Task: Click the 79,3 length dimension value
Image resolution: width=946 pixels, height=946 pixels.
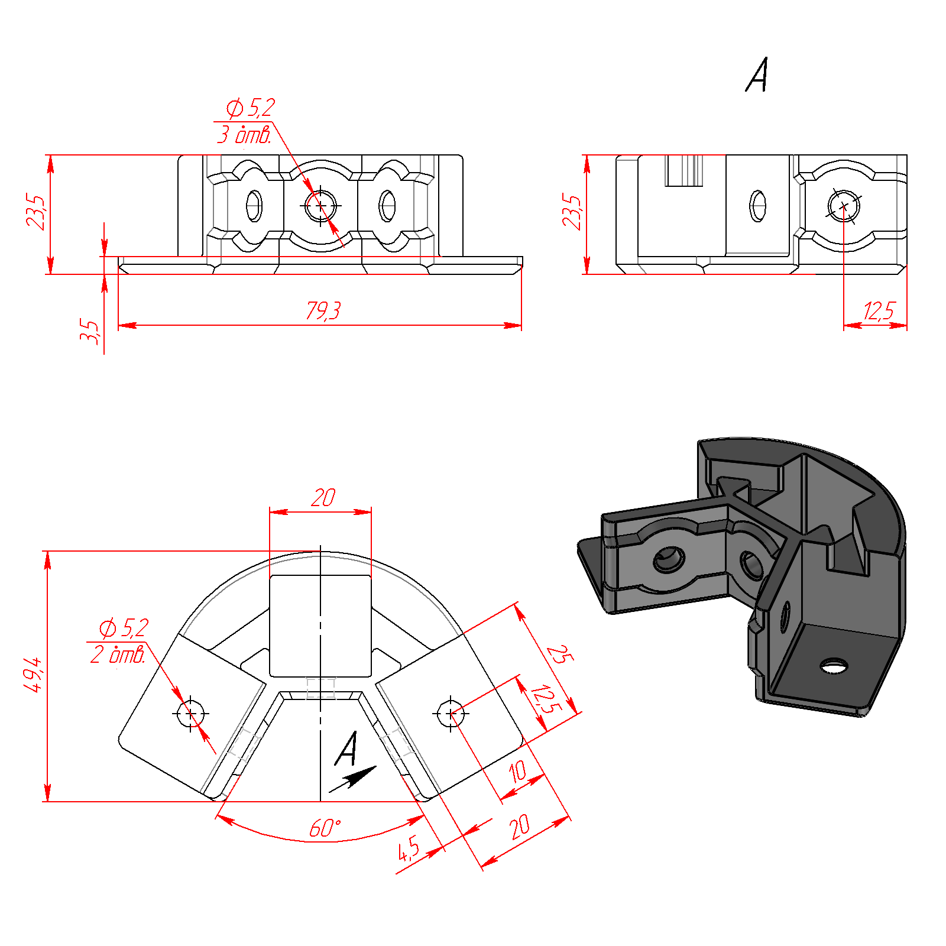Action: click(x=323, y=310)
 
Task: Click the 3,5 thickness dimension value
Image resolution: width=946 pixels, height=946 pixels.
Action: click(x=90, y=332)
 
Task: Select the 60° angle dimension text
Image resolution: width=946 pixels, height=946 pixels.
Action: click(x=325, y=828)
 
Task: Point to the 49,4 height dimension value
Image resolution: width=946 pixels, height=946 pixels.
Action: click(x=33, y=674)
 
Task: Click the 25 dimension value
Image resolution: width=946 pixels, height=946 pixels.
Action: click(x=559, y=654)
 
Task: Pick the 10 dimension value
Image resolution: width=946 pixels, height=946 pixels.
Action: click(x=518, y=771)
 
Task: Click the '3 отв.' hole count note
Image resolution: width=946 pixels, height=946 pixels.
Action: click(x=244, y=135)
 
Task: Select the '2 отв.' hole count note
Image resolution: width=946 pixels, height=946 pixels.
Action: click(x=118, y=655)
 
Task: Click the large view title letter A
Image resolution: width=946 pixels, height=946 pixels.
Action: click(x=757, y=74)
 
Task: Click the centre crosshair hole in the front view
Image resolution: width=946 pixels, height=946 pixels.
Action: click(x=320, y=206)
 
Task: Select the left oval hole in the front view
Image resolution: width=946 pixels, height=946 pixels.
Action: click(x=254, y=206)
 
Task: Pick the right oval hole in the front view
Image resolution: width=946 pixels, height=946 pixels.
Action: click(x=387, y=206)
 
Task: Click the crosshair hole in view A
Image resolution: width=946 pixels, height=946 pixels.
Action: click(x=844, y=206)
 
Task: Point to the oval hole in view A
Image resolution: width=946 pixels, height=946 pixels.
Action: click(x=758, y=206)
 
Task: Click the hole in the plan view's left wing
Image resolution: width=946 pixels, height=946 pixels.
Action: click(x=190, y=714)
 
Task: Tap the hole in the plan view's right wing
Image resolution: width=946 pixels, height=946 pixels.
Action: click(x=451, y=714)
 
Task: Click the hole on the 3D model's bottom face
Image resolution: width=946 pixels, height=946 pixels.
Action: click(x=834, y=666)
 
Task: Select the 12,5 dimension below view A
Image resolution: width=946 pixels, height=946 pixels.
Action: click(x=879, y=311)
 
